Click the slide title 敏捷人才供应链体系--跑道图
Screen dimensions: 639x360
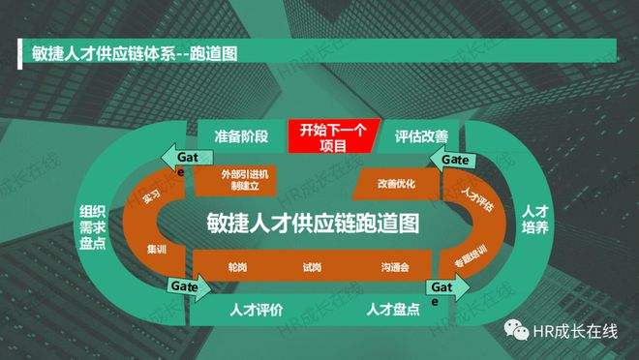tap(128, 51)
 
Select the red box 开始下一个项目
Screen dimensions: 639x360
tap(331, 135)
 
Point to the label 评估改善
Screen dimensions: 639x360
tap(422, 135)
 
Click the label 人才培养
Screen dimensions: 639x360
tap(535, 218)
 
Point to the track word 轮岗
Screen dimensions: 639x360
tap(237, 266)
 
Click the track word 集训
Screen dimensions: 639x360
tap(154, 250)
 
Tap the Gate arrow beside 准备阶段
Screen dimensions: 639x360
tap(183, 158)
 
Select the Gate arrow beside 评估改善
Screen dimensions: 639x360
tap(455, 158)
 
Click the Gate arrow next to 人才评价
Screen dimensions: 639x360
tap(188, 287)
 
